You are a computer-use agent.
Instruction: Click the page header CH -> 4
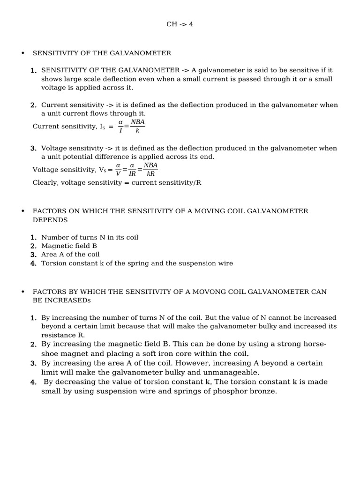click(180, 24)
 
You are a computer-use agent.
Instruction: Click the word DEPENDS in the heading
click(50, 220)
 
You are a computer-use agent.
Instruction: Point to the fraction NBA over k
click(137, 126)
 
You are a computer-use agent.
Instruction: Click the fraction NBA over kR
click(150, 169)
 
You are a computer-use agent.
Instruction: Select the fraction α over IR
click(132, 169)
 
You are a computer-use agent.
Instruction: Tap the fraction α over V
click(118, 169)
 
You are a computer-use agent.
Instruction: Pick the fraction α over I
click(120, 126)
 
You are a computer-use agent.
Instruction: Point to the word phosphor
click(228, 390)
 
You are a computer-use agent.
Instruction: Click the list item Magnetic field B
click(69, 246)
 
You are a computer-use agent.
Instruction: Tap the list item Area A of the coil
click(70, 255)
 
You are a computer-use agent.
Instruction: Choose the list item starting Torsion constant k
click(137, 263)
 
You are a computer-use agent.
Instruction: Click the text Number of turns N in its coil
click(90, 237)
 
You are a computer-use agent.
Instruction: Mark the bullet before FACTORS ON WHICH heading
click(22, 211)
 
